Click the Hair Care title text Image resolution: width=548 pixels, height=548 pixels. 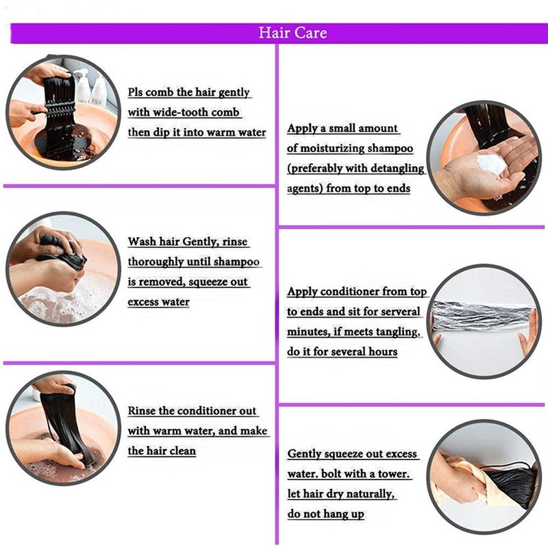click(293, 33)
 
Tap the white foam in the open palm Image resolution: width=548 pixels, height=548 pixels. click(490, 164)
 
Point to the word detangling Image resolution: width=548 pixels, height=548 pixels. click(397, 169)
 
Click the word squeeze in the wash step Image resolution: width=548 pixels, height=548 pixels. click(203, 282)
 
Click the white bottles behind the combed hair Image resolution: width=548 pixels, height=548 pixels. click(91, 88)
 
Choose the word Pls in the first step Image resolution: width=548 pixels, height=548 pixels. click(135, 92)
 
